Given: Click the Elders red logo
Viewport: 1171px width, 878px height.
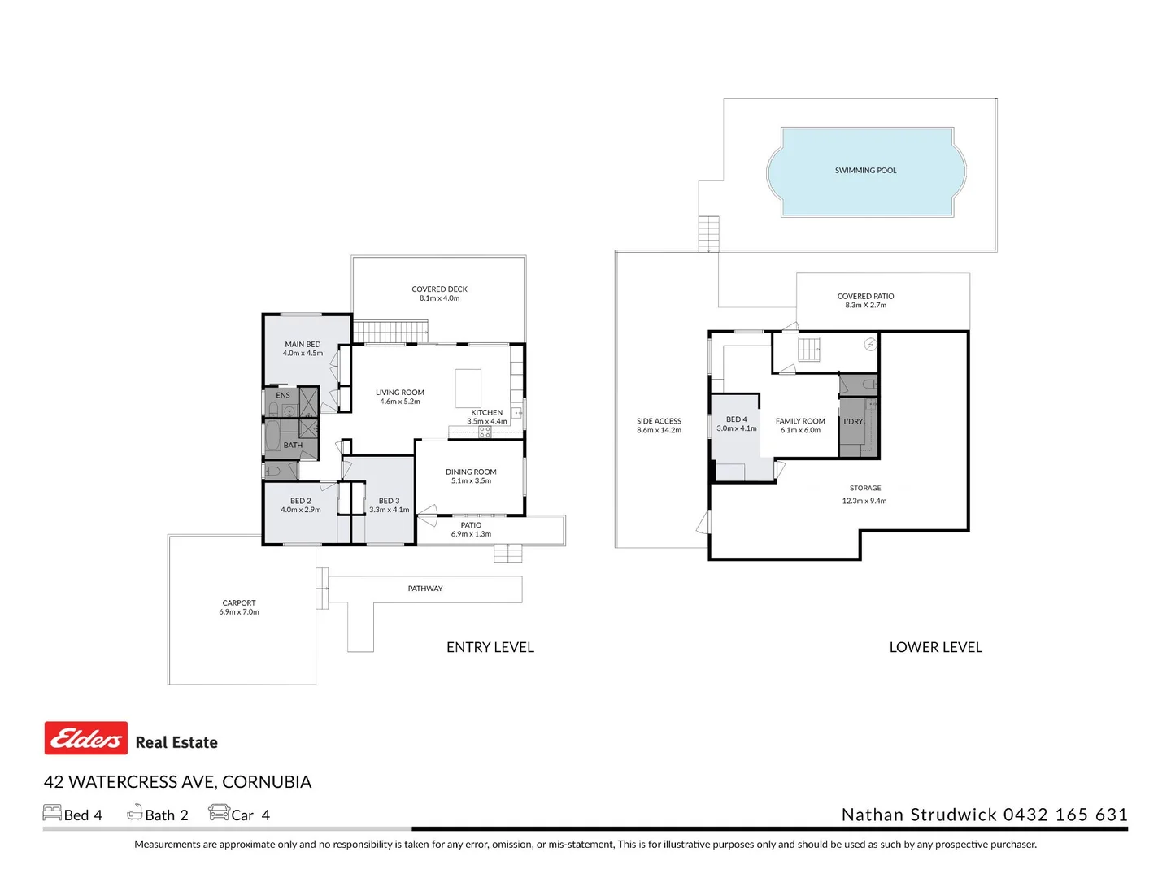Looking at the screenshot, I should (x=85, y=738).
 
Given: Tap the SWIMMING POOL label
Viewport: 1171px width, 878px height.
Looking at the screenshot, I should (x=865, y=171).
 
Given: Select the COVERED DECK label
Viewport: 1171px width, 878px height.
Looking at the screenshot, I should (x=439, y=289).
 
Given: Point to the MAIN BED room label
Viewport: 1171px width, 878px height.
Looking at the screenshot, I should (x=303, y=345).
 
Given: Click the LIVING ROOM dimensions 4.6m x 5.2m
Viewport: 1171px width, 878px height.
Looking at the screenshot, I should (x=399, y=402).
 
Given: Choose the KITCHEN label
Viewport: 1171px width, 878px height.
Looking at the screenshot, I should (x=486, y=413).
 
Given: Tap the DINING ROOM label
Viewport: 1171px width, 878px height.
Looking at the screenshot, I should (x=471, y=472).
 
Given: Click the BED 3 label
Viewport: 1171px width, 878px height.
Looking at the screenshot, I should (x=389, y=501).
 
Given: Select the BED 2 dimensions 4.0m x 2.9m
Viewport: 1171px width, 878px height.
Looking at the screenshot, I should (x=301, y=510).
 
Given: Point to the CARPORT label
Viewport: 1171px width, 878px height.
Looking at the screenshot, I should (x=238, y=603).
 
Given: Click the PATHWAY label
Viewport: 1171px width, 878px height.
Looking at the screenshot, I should (x=425, y=589).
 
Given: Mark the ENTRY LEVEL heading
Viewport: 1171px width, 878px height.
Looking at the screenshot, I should (x=490, y=647).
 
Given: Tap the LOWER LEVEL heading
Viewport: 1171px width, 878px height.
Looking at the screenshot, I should (x=935, y=647).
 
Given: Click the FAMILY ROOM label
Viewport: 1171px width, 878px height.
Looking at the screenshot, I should (x=800, y=421).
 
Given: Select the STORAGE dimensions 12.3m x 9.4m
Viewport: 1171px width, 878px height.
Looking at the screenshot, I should (x=864, y=502).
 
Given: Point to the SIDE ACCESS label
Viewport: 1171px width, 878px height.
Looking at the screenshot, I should (x=659, y=421).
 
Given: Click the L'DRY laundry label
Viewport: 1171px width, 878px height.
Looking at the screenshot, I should (x=853, y=422).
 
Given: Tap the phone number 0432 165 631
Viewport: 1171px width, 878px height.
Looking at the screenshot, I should (x=1065, y=815).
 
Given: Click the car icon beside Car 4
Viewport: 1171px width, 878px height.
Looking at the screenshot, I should (x=219, y=812).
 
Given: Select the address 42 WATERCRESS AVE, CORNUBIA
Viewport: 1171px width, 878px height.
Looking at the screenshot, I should (x=177, y=782).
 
